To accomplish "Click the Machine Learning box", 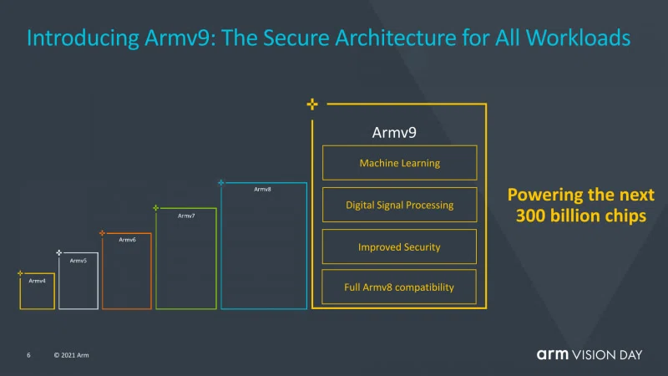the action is tap(400, 163).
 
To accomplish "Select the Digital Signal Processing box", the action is tap(400, 205).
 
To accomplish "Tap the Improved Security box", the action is tap(399, 246).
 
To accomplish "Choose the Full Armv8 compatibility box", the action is tap(399, 287).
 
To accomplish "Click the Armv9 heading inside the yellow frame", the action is tap(394, 133).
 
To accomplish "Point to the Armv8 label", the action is tap(262, 190).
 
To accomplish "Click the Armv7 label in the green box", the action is tap(186, 216).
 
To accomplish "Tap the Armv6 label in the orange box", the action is tap(128, 240).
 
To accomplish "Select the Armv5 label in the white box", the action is tap(78, 261).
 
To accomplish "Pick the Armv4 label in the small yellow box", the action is tap(37, 281).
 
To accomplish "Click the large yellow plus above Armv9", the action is tap(312, 104).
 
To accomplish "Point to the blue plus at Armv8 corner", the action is tap(220, 182).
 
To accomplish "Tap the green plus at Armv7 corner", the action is tap(156, 207).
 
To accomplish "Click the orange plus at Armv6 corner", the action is tap(102, 233).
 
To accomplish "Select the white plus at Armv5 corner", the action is tap(58, 253).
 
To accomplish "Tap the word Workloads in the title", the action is tap(578, 38).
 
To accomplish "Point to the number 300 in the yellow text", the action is tap(530, 216).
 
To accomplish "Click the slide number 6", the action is tap(28, 355).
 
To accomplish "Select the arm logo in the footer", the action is tap(553, 354).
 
